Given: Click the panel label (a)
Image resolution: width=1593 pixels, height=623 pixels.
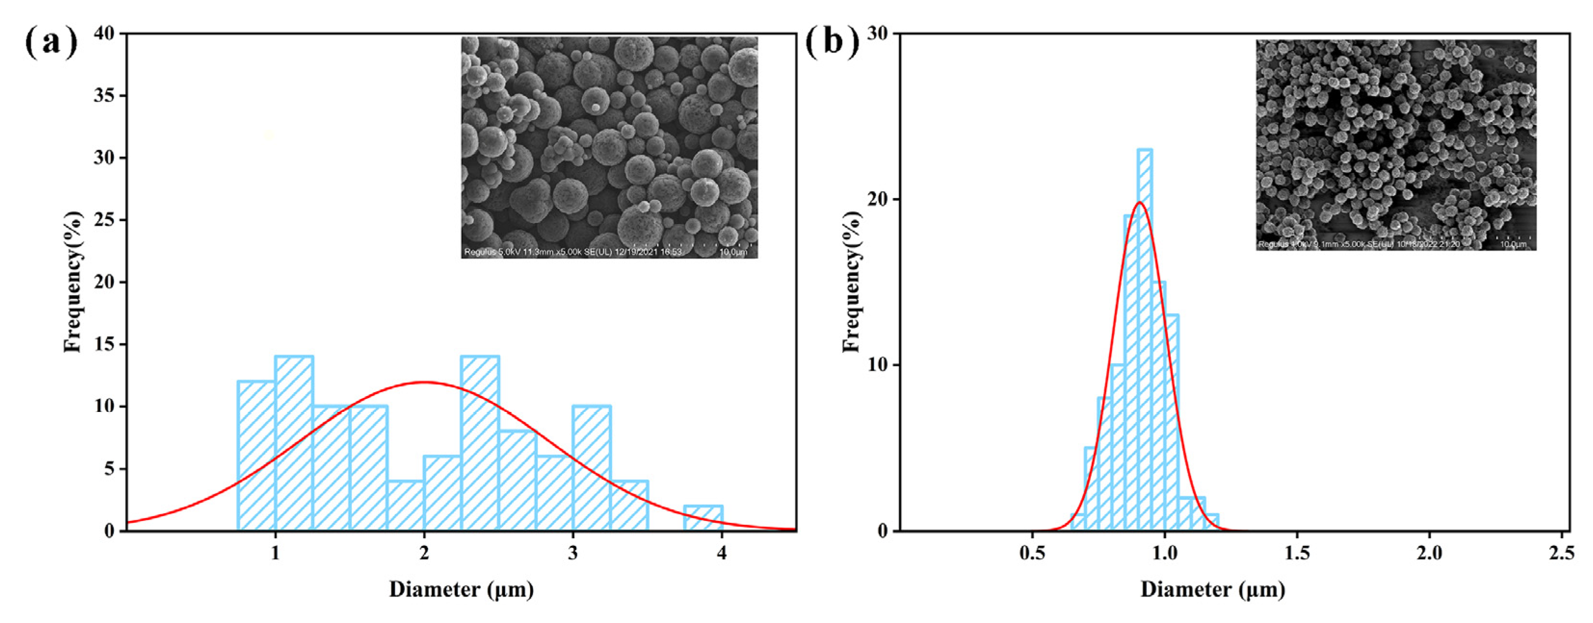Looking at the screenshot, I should point(52,42).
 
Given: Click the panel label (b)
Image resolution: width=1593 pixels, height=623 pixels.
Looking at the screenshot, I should point(832,42).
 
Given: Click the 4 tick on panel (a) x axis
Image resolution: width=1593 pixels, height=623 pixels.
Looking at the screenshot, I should point(722,553).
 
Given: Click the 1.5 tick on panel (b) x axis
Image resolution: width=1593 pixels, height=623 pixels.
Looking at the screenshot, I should point(1297,553).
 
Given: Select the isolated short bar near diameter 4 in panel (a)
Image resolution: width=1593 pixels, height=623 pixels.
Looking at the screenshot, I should point(703,518).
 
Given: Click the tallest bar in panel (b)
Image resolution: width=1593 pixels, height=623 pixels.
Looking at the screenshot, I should point(1145,340).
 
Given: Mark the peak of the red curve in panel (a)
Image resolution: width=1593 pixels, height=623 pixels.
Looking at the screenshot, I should point(424,383).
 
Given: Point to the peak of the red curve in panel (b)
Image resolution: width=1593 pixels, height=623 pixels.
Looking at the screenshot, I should point(1139,202).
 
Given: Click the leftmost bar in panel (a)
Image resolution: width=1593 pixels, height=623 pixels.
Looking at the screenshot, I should point(256,456).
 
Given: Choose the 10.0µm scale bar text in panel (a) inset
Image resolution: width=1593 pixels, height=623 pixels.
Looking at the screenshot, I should point(733,252).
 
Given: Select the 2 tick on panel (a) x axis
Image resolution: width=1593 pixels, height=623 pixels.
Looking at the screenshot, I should point(424,553).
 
